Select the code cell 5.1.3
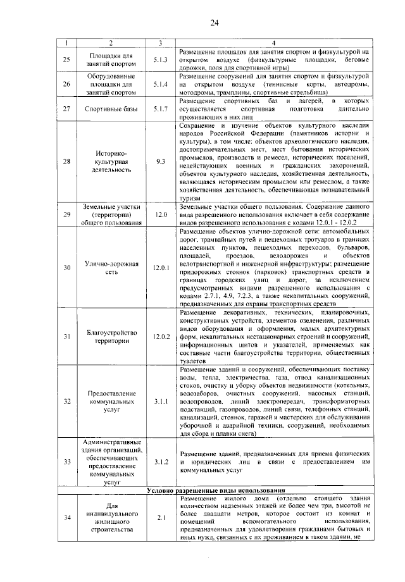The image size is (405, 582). [160, 59]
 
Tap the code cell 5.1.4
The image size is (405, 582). [160, 84]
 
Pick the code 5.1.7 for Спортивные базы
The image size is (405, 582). [160, 109]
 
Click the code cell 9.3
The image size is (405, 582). [160, 162]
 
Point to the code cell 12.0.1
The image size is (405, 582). [161, 268]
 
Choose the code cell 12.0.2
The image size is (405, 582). [161, 336]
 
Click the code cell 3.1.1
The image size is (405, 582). [160, 401]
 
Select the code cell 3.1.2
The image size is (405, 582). [160, 462]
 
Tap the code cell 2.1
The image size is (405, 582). [160, 517]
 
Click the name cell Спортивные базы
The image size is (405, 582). [111, 109]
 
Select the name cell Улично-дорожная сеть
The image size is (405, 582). [111, 268]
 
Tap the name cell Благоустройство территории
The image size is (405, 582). [111, 336]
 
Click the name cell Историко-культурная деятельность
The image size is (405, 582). [111, 162]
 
